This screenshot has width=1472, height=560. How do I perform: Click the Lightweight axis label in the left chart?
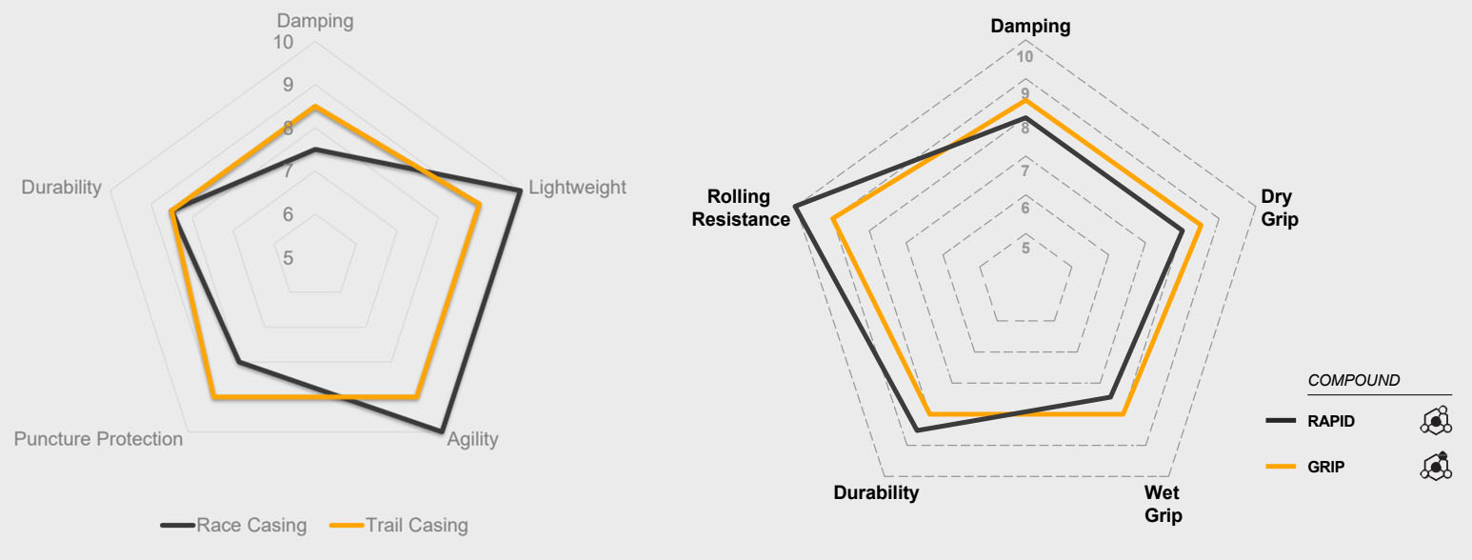click(x=577, y=188)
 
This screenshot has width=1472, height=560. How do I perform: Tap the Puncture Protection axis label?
click(x=98, y=439)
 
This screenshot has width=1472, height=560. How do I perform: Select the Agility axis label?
click(x=472, y=439)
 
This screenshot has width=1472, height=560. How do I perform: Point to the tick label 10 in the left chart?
click(x=283, y=43)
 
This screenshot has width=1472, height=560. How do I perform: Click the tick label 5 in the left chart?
click(x=288, y=258)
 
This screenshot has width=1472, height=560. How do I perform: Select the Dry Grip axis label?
click(x=1279, y=209)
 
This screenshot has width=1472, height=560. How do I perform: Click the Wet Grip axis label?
click(x=1164, y=505)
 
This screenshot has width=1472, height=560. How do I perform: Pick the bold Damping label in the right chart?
click(x=1030, y=27)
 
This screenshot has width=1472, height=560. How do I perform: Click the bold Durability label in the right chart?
click(x=876, y=492)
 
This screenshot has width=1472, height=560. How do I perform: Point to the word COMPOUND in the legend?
click(x=1354, y=380)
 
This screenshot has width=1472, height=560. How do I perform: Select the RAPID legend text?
click(x=1331, y=421)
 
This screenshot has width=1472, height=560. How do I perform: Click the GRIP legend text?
click(x=1325, y=467)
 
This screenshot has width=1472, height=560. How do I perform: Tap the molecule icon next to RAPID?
click(x=1435, y=420)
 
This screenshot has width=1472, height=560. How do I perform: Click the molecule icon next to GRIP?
click(x=1435, y=466)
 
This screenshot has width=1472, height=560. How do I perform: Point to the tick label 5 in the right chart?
click(x=1025, y=249)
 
